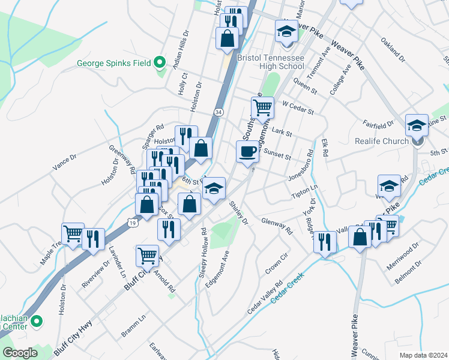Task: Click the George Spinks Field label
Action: click(x=114, y=62)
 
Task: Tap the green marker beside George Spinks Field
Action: click(x=159, y=62)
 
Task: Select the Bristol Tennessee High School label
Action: click(x=271, y=62)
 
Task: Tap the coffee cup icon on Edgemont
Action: click(x=247, y=151)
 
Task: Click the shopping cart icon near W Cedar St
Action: click(x=262, y=108)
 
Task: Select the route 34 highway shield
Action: click(x=218, y=112)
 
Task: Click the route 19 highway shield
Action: click(x=132, y=223)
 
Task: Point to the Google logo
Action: click(x=20, y=353)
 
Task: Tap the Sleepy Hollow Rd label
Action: click(x=203, y=253)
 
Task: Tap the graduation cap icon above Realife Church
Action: click(x=417, y=125)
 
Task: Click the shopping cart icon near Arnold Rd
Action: click(x=147, y=256)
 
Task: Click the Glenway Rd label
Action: click(x=277, y=226)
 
